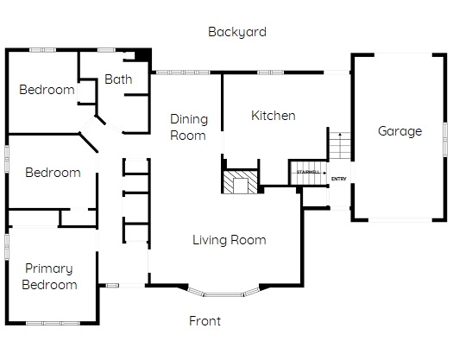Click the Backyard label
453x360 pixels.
coord(237,32)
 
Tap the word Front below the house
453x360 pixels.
coord(204,321)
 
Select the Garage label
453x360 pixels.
coord(400,131)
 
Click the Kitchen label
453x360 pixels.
coord(274,116)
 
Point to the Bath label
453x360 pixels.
coord(118,79)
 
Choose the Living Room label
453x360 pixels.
coord(230,240)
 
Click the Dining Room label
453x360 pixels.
coord(189,127)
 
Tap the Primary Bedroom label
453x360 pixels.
coord(49,277)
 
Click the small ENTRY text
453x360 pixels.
coord(338,179)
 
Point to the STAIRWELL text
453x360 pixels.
coord(308,172)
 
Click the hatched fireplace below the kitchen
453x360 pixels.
coord(241,182)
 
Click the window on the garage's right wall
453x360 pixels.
coord(445,140)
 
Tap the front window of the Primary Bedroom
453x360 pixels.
coord(53,323)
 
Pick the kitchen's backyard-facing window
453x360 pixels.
coord(270,73)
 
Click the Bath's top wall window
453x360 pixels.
coord(106,50)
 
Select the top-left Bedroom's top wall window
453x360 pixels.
coord(43,50)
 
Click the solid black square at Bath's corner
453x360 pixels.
coord(143,55)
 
